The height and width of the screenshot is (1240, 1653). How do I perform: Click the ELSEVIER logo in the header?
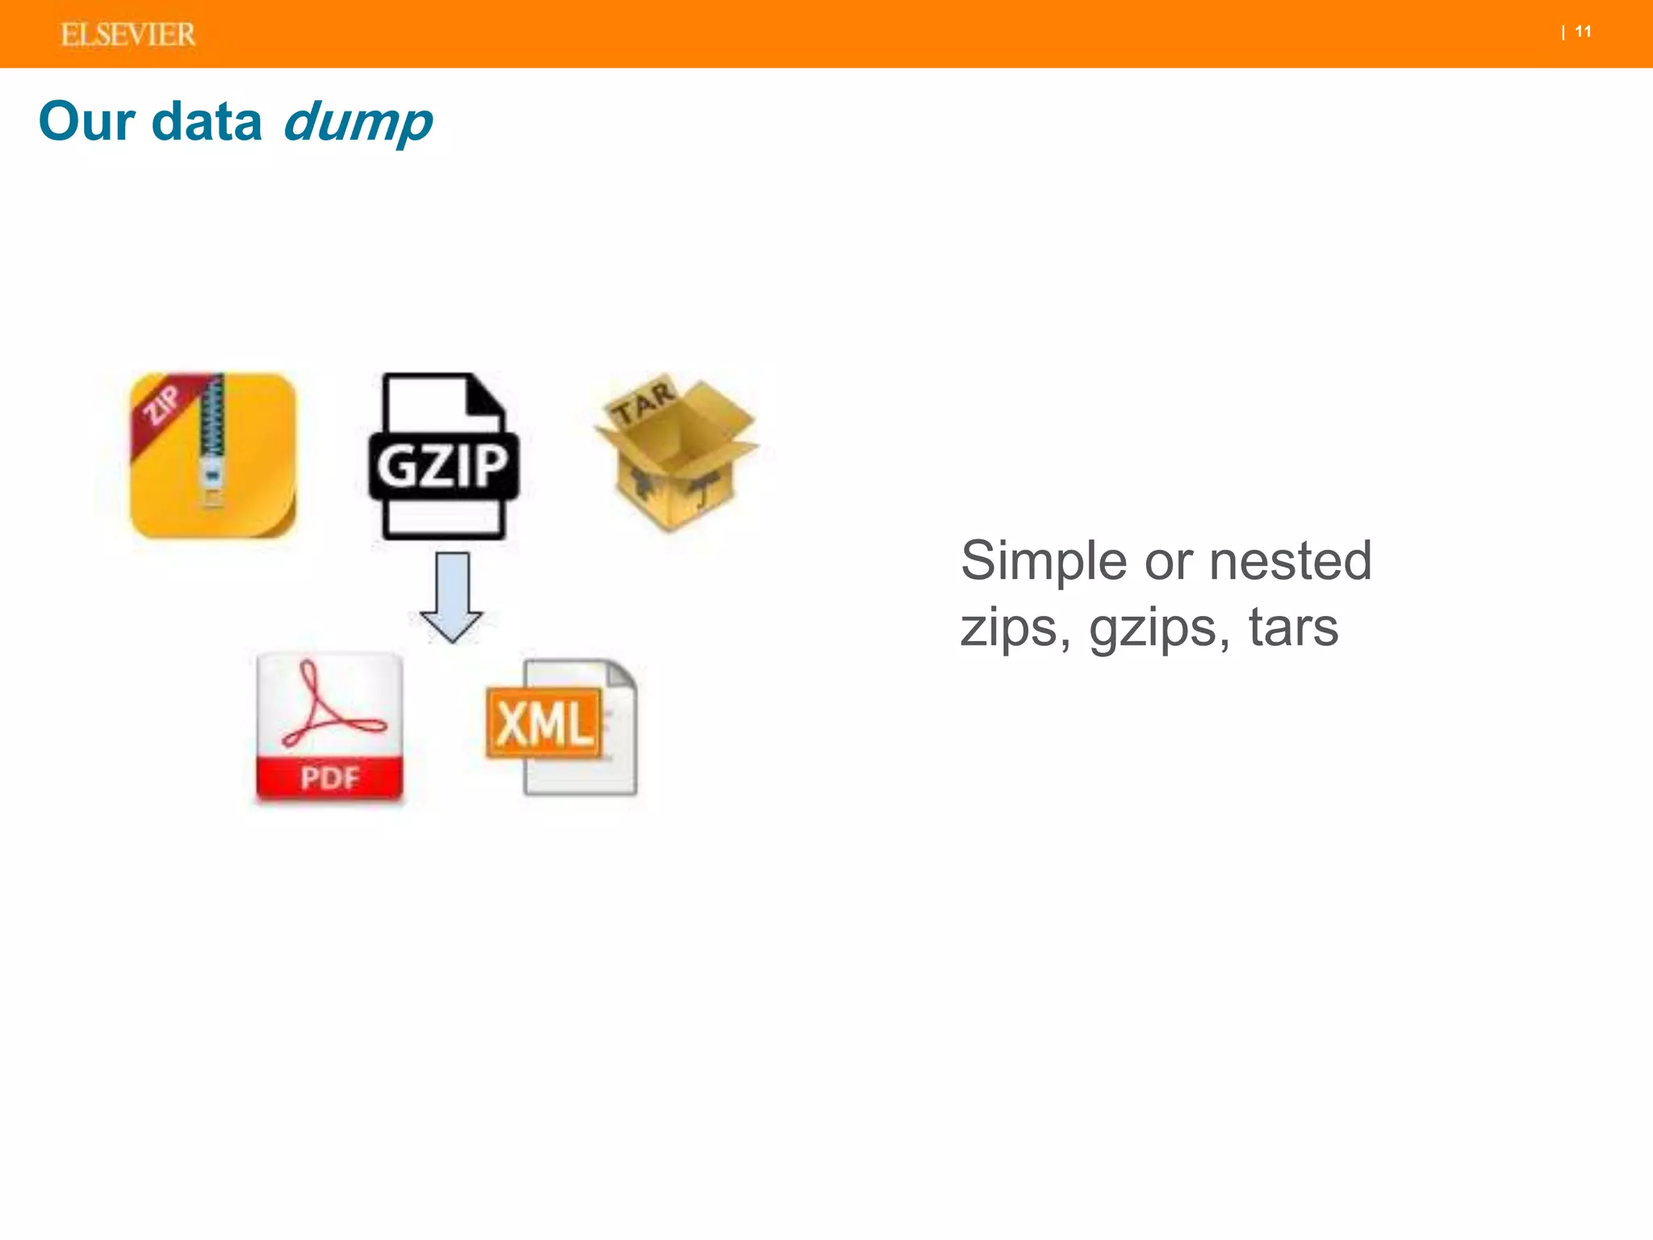(128, 35)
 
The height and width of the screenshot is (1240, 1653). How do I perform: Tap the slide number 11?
(1583, 32)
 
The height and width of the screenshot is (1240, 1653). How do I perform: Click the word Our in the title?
(86, 122)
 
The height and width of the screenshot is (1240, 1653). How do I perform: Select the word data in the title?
(207, 122)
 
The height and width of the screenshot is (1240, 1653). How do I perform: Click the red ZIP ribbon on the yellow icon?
(161, 404)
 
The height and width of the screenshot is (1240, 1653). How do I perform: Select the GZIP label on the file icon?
(443, 466)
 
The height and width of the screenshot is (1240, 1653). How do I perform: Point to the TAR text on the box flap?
(642, 402)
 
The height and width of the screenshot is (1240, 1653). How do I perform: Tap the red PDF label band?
(329, 778)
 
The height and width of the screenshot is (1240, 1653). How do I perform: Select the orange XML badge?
(544, 723)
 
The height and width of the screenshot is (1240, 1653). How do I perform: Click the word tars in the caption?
(1293, 628)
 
